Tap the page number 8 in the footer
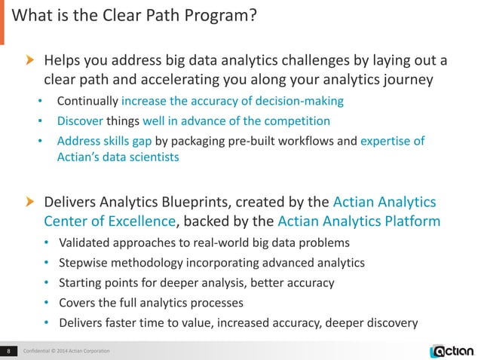[8, 350]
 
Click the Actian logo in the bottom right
[452, 349]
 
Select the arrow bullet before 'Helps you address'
[31, 60]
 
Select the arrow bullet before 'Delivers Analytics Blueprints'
[31, 202]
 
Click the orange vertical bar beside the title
[2, 17]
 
